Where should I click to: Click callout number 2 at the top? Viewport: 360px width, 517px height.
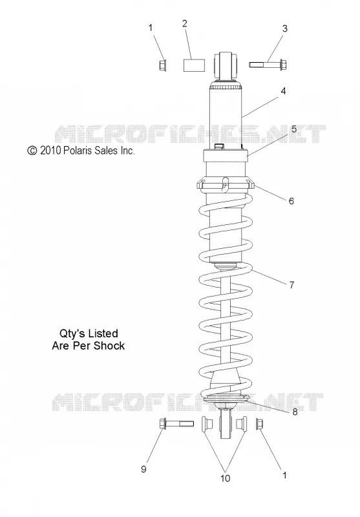[x=185, y=23]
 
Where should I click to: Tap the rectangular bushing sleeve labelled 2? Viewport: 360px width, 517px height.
[x=194, y=65]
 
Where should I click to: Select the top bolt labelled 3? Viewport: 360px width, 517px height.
[x=268, y=64]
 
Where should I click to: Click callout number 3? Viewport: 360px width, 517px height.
[x=285, y=28]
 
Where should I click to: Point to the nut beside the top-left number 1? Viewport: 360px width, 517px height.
[x=162, y=65]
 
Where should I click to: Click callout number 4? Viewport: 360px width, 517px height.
[x=283, y=91]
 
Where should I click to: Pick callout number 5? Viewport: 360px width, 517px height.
[x=293, y=129]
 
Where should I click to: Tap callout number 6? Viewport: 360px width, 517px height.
[x=291, y=201]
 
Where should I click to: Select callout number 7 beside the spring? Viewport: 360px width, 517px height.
[x=291, y=284]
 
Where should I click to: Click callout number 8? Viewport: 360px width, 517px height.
[x=295, y=412]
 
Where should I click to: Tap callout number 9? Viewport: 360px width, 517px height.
[x=143, y=469]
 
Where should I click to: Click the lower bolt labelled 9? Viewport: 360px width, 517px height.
[x=176, y=424]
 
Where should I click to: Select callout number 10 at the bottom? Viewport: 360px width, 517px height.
[x=225, y=478]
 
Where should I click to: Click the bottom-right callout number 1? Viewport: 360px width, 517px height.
[x=284, y=475]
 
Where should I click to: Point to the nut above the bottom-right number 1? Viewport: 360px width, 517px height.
[x=259, y=424]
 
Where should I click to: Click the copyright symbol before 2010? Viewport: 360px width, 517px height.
[x=32, y=151]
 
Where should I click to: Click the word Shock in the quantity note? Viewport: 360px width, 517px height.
[x=109, y=346]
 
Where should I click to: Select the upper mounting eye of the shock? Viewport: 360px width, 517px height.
[x=226, y=65]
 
